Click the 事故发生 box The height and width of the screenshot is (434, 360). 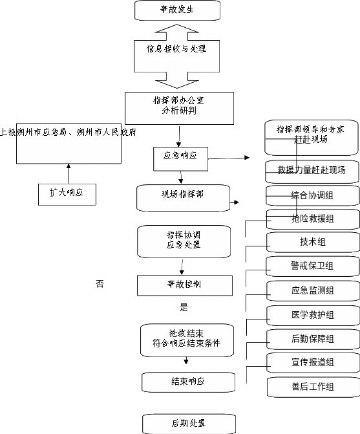(177, 10)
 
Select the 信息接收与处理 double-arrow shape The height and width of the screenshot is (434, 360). (177, 56)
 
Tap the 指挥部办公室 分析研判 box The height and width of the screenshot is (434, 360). (179, 108)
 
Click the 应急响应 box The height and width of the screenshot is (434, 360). (180, 159)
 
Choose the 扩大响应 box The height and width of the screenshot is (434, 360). (67, 195)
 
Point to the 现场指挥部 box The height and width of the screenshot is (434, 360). (184, 198)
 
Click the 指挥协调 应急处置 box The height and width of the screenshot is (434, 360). (184, 242)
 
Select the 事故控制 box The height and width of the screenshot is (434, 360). (185, 285)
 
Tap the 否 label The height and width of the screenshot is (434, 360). (100, 284)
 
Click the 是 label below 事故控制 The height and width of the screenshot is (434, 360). (184, 307)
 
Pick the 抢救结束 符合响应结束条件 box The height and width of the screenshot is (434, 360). (187, 340)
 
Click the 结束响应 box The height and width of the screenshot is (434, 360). (188, 382)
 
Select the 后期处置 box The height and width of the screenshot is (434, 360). (189, 424)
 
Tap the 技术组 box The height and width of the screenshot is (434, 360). (313, 243)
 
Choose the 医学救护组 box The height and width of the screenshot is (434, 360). (313, 316)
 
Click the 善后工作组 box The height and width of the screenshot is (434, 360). (313, 387)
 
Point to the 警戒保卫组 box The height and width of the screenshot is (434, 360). (313, 266)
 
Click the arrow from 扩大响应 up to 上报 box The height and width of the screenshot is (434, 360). (69, 174)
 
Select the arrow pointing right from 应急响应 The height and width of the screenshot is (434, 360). (229, 158)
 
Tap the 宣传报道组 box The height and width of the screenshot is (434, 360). (313, 363)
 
